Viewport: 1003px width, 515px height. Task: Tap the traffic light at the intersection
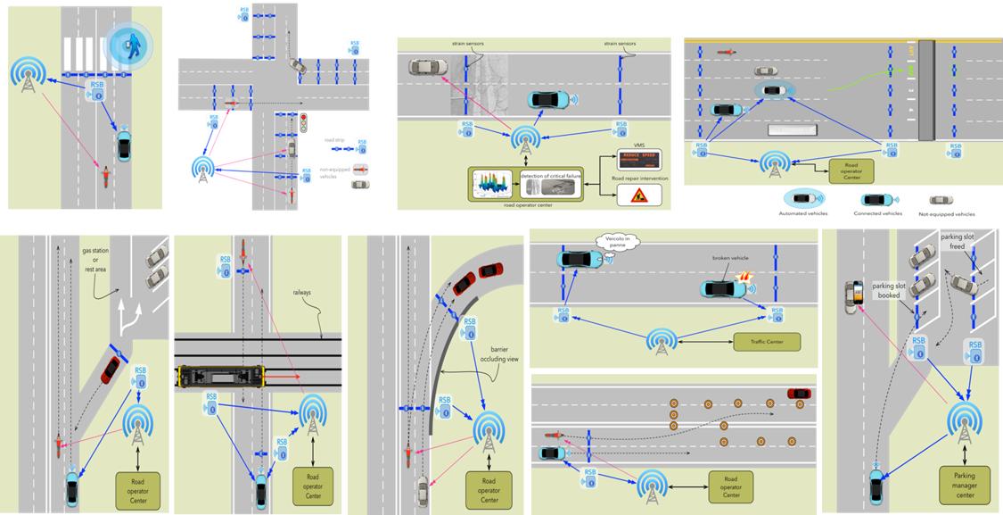(x=303, y=122)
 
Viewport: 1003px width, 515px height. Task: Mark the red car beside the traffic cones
(x=799, y=394)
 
